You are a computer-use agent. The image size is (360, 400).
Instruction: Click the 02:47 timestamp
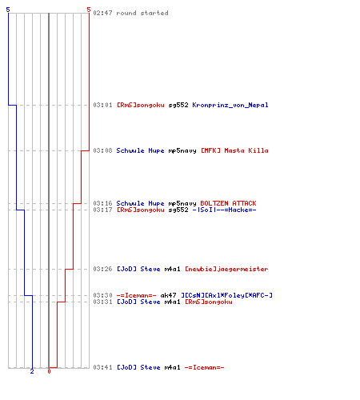click(x=102, y=13)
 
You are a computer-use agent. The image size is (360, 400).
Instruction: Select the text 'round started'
click(x=142, y=13)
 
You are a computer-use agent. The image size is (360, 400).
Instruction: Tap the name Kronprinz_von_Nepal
click(x=230, y=105)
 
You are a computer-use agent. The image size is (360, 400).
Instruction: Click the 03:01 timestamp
click(x=102, y=105)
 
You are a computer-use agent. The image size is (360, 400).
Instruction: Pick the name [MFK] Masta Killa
click(x=234, y=150)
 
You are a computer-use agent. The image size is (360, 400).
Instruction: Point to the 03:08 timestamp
click(x=102, y=150)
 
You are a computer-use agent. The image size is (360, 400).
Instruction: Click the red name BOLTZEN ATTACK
click(x=228, y=203)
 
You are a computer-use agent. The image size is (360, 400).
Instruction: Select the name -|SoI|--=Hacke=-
click(x=224, y=210)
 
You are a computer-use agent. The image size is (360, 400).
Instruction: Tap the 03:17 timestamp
click(x=102, y=210)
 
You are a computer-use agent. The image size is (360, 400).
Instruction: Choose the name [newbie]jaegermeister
click(x=226, y=269)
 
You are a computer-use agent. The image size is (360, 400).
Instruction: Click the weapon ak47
click(x=168, y=295)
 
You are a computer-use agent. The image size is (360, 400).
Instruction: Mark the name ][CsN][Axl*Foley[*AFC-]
click(x=226, y=295)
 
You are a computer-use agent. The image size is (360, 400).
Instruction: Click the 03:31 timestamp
click(x=102, y=302)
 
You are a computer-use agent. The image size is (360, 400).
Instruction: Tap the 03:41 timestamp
click(x=102, y=367)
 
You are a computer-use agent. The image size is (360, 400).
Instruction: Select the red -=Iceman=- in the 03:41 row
click(x=204, y=367)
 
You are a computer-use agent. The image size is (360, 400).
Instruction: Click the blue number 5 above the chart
click(x=8, y=10)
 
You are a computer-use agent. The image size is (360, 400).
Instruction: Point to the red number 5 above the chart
click(x=89, y=10)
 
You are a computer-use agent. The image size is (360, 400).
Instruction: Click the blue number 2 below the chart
click(x=32, y=371)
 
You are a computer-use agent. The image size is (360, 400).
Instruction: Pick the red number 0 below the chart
click(x=49, y=371)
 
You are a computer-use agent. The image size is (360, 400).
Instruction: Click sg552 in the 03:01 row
click(x=178, y=105)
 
